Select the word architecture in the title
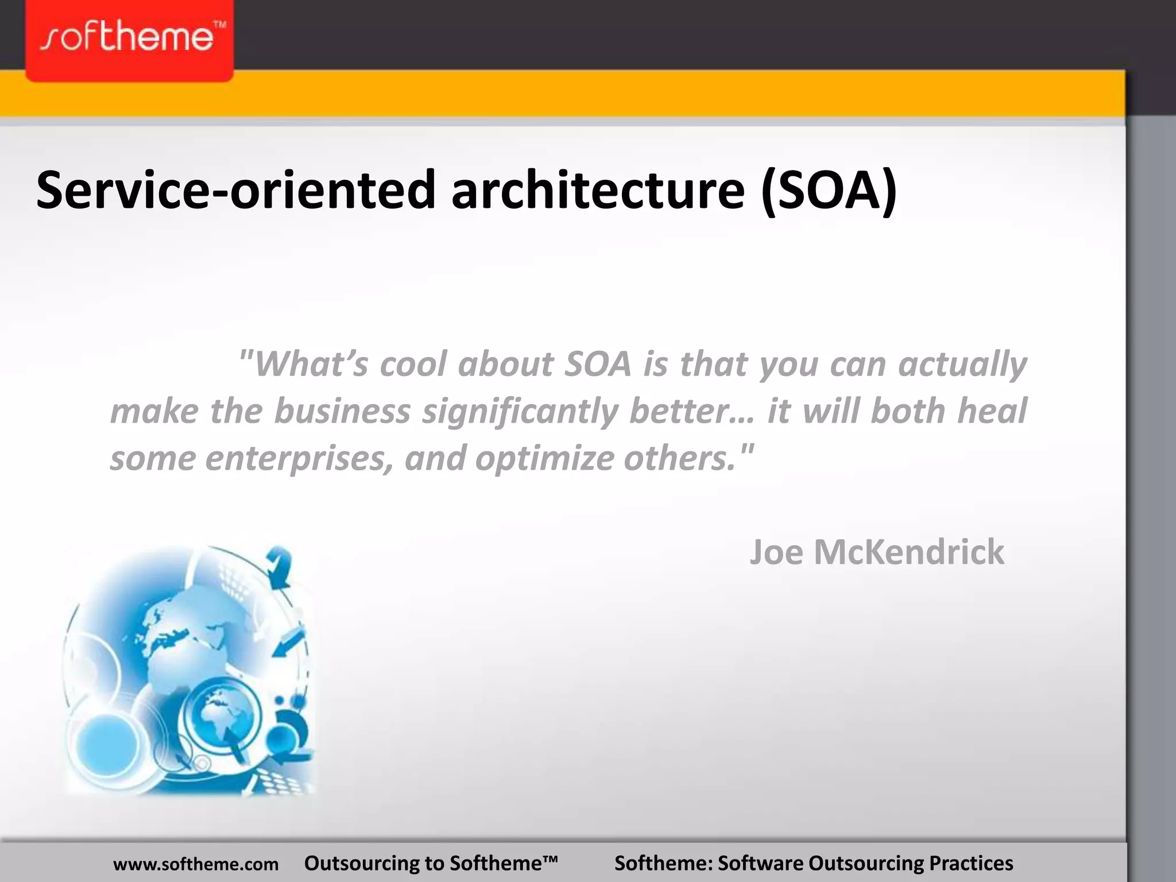point(598,189)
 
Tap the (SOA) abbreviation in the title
point(829,189)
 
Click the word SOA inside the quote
point(598,364)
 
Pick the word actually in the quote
point(962,365)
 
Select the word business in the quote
point(342,411)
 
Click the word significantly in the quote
point(520,412)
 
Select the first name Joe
point(776,552)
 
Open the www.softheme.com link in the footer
point(196,864)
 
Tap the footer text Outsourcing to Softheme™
point(431,863)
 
